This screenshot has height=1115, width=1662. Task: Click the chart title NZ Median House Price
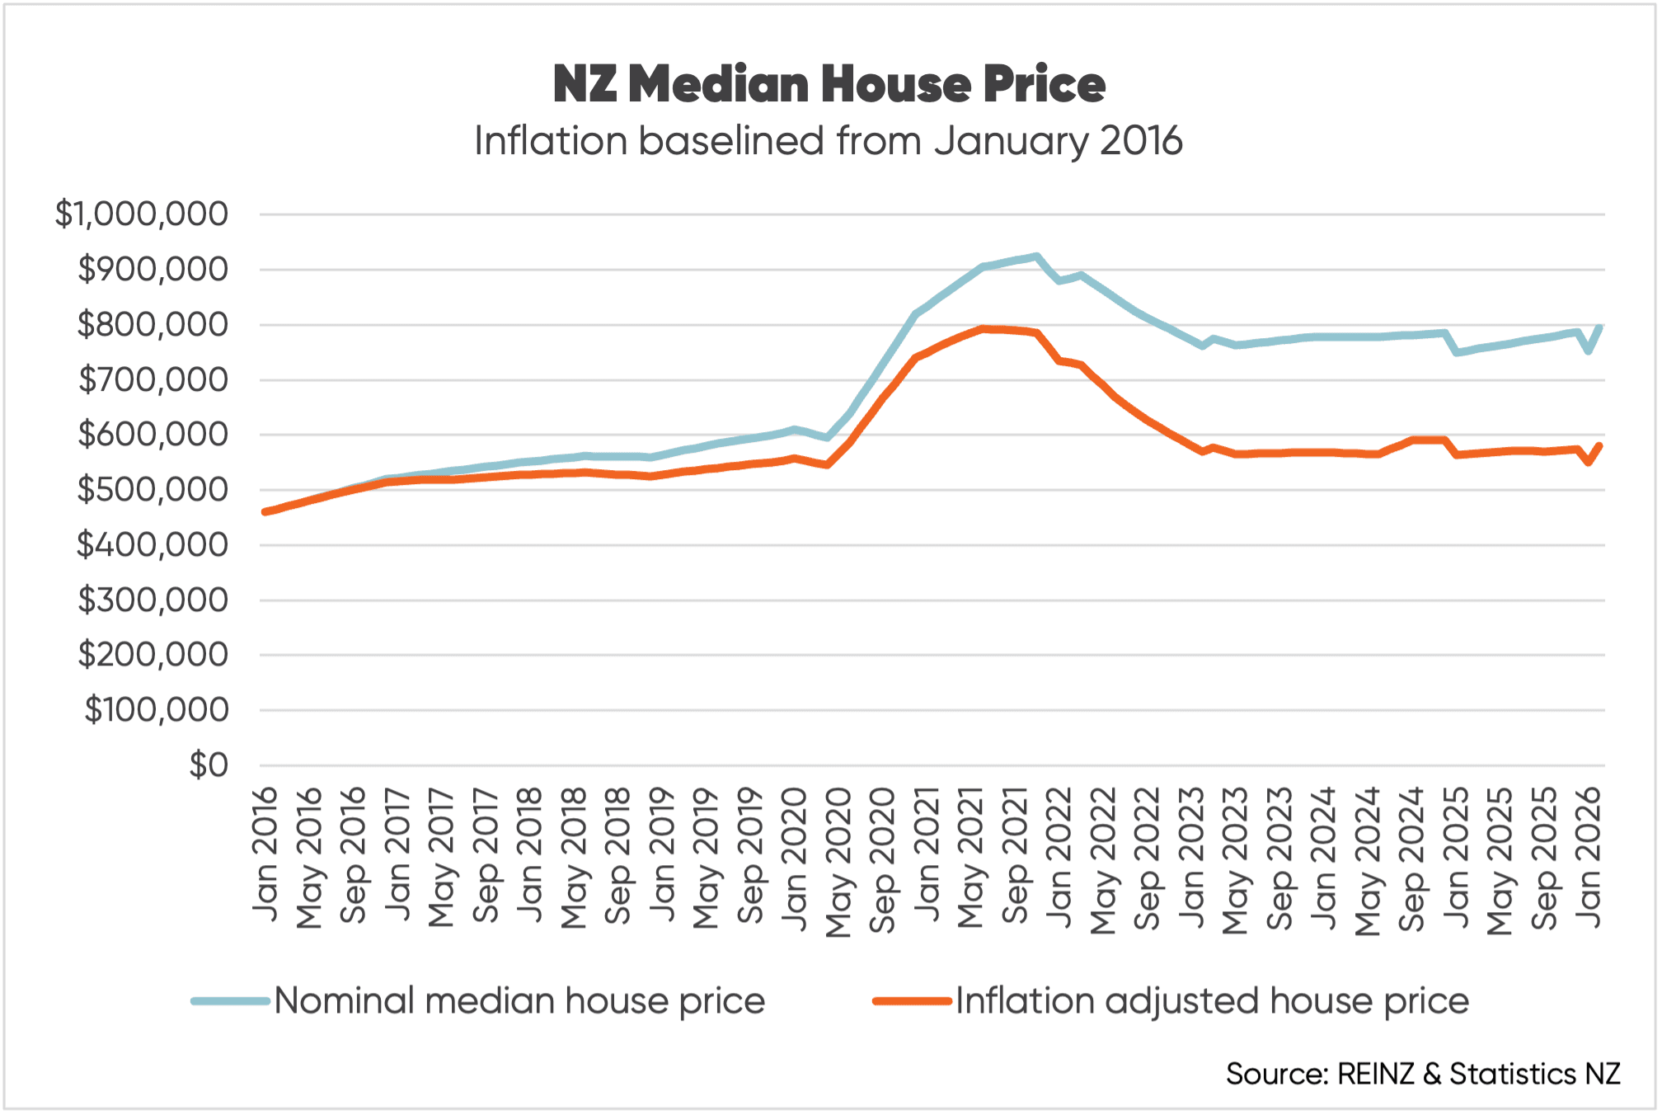coord(829,84)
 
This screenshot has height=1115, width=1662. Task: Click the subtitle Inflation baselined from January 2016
coord(829,141)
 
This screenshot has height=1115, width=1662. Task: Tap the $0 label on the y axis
coord(209,765)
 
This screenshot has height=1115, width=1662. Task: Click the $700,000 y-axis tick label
coord(153,380)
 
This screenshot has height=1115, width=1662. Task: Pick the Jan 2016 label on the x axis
coord(265,854)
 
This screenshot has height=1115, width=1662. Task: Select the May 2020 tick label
coord(838,862)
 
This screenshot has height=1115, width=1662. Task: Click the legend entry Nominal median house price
coord(519,1001)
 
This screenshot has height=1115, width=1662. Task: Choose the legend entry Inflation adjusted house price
coord(1212,1001)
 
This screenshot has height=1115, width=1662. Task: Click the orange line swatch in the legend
coord(912,1001)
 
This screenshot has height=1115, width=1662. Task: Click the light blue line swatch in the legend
coord(231,1001)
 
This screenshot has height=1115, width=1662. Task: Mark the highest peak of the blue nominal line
coord(1036,256)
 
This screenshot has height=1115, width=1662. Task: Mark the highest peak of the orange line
coord(983,328)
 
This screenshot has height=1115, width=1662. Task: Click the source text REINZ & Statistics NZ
coord(1423,1074)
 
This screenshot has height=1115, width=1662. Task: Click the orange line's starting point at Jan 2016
coord(265,512)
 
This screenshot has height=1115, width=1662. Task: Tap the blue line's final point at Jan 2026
coord(1600,327)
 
